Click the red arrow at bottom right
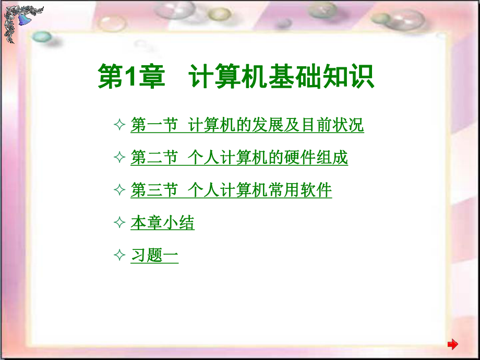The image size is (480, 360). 453,344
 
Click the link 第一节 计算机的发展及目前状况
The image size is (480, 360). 247,126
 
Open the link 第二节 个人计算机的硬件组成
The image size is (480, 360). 239,158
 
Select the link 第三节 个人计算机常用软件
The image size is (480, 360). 231,190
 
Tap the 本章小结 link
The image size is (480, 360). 162,223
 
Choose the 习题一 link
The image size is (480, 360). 154,256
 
